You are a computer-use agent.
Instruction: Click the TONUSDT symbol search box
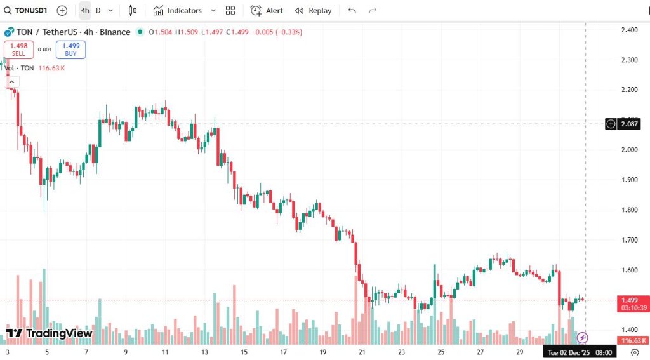click(x=27, y=10)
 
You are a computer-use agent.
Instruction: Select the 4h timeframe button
click(x=84, y=10)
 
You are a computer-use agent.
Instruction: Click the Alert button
click(x=267, y=10)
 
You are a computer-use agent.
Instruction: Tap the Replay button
click(x=314, y=10)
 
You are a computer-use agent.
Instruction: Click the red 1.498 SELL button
click(x=18, y=50)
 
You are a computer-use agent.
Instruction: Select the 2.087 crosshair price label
click(x=630, y=124)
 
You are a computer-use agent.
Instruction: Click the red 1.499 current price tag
click(x=630, y=300)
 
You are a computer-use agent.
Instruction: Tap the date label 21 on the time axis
click(x=362, y=352)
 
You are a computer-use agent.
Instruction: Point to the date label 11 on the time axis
click(x=165, y=352)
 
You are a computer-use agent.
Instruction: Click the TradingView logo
click(x=50, y=333)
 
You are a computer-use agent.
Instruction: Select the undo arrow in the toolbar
click(x=352, y=10)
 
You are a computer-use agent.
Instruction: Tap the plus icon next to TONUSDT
click(x=62, y=10)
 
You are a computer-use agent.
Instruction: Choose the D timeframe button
click(x=98, y=10)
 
